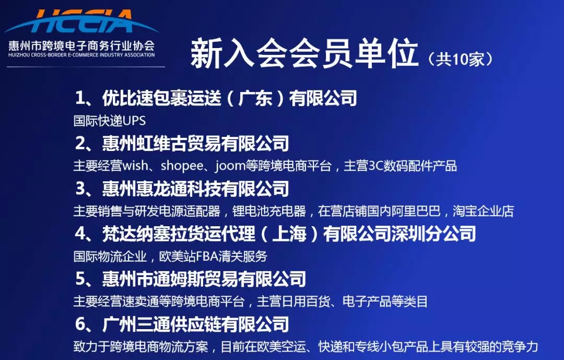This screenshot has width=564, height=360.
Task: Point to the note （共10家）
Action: click(x=460, y=59)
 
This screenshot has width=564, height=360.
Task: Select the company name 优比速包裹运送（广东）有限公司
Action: click(x=230, y=98)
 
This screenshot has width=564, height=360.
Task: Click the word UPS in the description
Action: click(x=134, y=121)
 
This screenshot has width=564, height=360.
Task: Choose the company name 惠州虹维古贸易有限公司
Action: click(x=196, y=143)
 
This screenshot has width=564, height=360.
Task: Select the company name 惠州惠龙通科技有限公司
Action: click(x=196, y=188)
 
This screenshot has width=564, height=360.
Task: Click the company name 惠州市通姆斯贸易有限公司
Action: click(x=204, y=278)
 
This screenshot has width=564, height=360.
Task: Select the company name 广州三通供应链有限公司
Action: click(x=196, y=324)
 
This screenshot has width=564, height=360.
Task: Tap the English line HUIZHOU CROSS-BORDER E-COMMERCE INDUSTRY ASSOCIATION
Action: click(x=81, y=54)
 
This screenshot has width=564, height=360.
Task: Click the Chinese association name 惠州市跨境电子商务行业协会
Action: click(x=81, y=44)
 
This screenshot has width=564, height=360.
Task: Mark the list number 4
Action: click(x=80, y=234)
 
